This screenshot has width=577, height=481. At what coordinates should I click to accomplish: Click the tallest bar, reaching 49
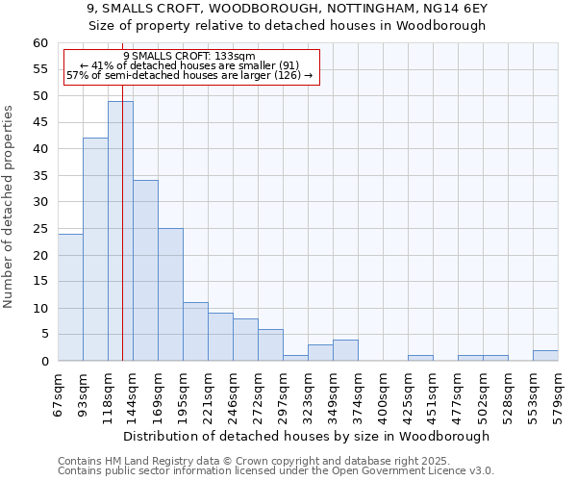coord(120,231)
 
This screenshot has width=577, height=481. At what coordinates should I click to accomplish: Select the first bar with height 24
coord(70,297)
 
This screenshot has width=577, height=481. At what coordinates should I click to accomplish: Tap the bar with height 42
coord(95,249)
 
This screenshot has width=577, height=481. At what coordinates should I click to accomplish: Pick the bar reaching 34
coord(145,270)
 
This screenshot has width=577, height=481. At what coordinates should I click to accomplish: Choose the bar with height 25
coord(170,294)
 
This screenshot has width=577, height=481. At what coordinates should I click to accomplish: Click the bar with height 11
coord(195,332)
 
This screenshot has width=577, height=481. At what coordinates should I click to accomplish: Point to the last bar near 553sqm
coord(545,356)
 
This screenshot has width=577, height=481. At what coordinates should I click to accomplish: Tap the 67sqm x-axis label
coord(58,394)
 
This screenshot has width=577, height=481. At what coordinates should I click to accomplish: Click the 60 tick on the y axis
coord(40,43)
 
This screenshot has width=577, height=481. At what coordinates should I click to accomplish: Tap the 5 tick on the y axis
coord(44,335)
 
